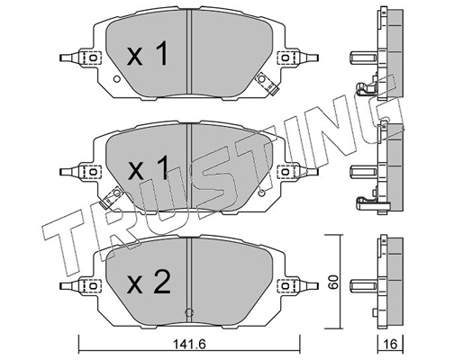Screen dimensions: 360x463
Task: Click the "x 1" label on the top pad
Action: tap(146, 56)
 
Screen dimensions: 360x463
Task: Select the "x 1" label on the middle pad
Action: tap(146, 168)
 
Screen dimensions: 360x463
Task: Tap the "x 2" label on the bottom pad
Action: tap(146, 284)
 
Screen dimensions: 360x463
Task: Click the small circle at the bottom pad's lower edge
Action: tap(187, 313)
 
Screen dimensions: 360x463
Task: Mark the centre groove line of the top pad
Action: tap(187, 54)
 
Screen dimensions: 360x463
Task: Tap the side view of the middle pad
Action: tap(383, 169)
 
